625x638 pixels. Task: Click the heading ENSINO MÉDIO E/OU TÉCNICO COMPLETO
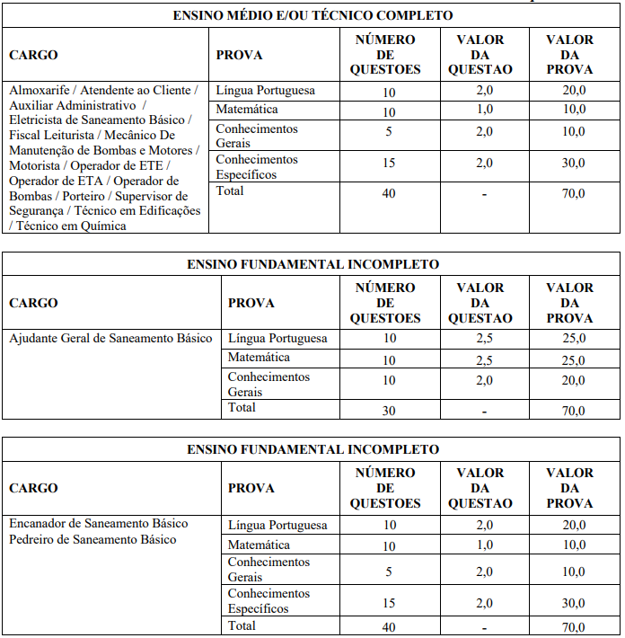point(312,15)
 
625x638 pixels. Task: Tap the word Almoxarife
point(39,91)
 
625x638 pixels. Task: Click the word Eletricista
point(40,120)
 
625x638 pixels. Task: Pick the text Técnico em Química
point(72,226)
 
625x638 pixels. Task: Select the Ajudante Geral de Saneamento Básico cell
point(110,339)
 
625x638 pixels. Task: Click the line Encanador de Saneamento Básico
point(98,524)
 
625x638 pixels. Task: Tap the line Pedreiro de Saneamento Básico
point(92,539)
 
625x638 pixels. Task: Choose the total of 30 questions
point(389,412)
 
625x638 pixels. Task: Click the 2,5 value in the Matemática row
point(484,360)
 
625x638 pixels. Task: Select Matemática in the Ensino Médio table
point(247,110)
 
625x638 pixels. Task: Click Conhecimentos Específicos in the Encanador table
point(268,601)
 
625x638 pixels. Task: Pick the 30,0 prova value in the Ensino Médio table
point(574,164)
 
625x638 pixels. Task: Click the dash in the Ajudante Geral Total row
point(484,412)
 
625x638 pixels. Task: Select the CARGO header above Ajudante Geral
point(33,303)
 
